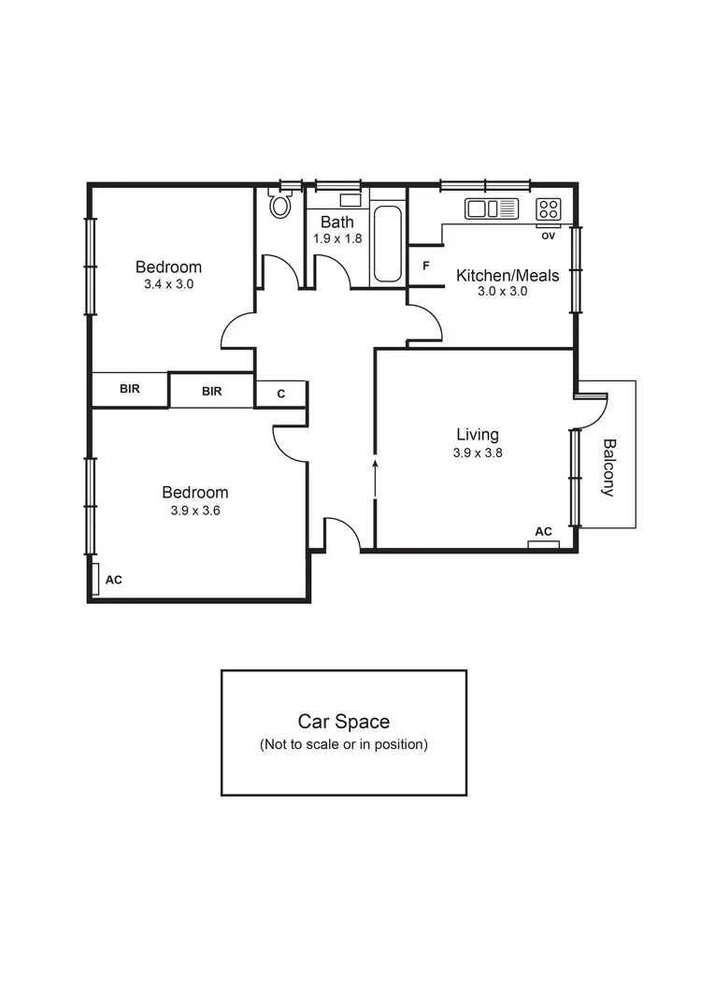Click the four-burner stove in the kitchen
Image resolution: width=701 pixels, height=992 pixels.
coord(548,208)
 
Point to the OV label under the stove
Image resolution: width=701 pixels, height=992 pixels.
coord(548,236)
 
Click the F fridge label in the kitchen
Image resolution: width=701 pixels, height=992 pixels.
coord(426,266)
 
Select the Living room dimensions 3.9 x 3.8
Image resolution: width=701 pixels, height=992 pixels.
coord(477,453)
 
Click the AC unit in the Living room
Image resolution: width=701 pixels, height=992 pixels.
coord(543,543)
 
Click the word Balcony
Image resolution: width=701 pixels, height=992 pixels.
coord(609,467)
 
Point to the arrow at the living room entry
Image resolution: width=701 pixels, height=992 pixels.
coord(376,467)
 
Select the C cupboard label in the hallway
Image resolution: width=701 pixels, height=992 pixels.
coord(280,395)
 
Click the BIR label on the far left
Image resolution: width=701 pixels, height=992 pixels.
coord(130,389)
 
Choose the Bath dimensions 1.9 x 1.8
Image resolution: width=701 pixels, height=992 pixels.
coord(337,238)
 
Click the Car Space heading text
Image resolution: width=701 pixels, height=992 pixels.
coord(343,722)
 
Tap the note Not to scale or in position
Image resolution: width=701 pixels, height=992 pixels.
coord(343,745)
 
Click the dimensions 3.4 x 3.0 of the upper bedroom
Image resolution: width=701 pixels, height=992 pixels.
coord(168,284)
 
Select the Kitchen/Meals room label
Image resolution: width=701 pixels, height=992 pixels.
coord(508,275)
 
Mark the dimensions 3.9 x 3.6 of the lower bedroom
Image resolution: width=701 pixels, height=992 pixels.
coord(194,510)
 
